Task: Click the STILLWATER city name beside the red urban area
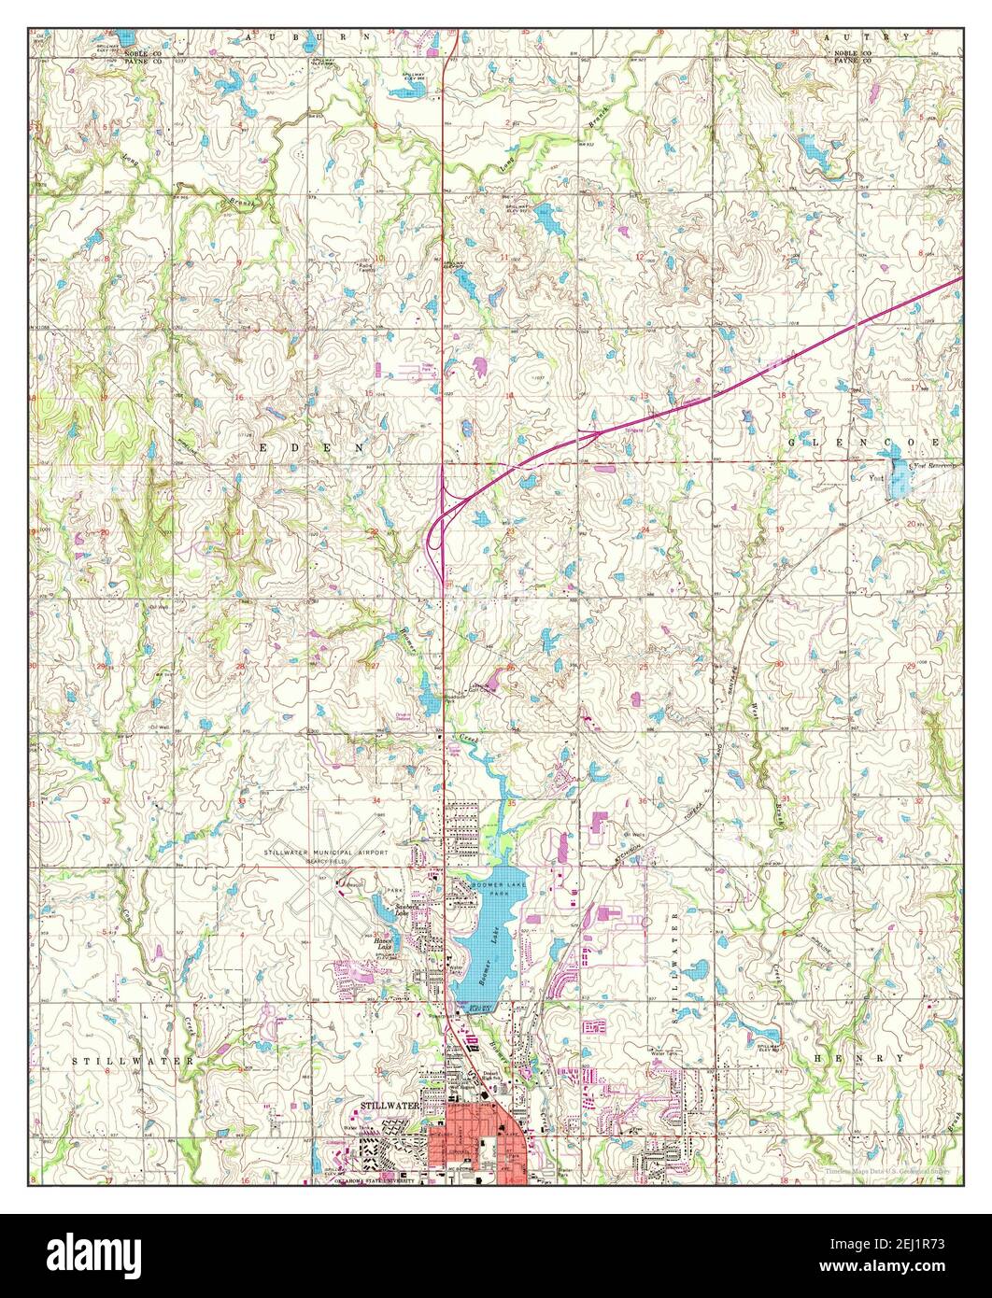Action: (x=390, y=1106)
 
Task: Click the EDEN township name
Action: (x=316, y=448)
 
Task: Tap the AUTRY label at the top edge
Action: (x=867, y=35)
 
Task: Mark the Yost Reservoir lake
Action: (x=900, y=478)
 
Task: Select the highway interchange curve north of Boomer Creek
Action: (x=437, y=528)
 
